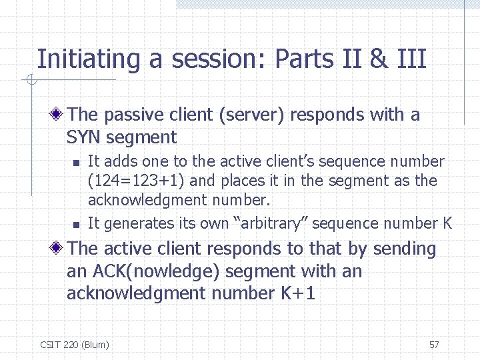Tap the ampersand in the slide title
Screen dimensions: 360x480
[x=378, y=59]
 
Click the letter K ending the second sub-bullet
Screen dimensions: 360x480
[x=447, y=223]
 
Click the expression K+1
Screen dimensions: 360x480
[x=295, y=293]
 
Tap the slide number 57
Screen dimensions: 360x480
[x=434, y=345]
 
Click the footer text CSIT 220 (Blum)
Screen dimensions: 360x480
[x=75, y=345]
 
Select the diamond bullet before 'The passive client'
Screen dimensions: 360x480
[x=59, y=115]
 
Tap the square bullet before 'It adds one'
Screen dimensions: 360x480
[x=77, y=162]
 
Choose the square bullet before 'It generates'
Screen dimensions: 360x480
[x=77, y=224]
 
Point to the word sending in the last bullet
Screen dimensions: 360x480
[x=404, y=249]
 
